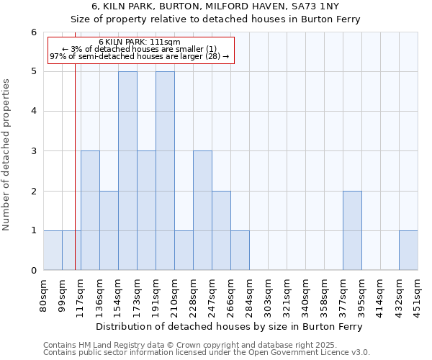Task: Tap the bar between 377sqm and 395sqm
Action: (352, 230)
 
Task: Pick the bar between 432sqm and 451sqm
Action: (408, 251)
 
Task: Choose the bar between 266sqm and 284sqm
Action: (240, 251)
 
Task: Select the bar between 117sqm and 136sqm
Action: (90, 210)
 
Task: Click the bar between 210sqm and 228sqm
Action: (184, 251)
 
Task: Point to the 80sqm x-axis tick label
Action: (43, 296)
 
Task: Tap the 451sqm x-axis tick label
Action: (418, 296)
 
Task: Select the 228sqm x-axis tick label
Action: (193, 296)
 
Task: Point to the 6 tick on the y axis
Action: (33, 32)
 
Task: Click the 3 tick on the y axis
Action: (33, 151)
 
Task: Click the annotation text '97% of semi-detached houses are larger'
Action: (139, 56)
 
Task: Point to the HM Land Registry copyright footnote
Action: (205, 345)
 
